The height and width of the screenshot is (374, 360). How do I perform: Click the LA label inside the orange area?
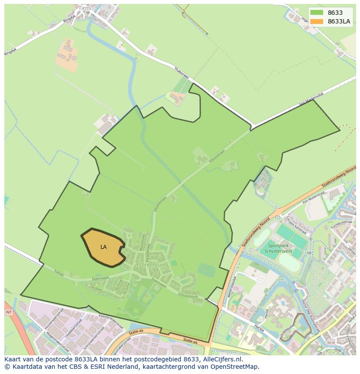103,247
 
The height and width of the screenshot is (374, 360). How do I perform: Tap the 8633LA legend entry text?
339,21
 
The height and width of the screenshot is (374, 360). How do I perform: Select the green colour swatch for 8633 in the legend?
317,13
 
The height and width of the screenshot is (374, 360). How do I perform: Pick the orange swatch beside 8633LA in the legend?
317,21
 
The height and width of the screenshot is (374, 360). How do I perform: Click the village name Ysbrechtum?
151,265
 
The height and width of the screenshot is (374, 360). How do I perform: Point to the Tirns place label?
85,8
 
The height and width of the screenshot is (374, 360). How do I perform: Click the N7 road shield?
9,312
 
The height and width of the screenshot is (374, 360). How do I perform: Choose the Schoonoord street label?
188,294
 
